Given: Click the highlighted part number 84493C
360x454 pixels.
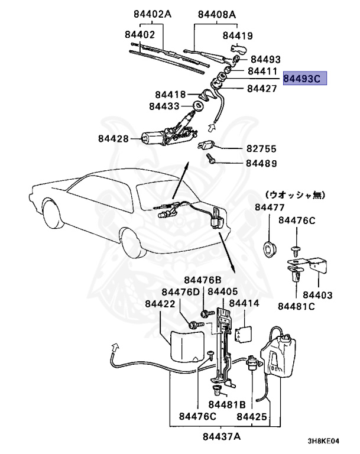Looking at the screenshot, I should [x=304, y=79].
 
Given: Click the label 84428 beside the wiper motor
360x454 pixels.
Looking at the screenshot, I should [x=113, y=139].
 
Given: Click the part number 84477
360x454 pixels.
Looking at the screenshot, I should [x=270, y=207].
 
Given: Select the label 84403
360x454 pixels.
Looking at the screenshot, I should [x=317, y=294].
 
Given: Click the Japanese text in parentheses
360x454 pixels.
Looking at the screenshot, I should [x=296, y=194].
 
